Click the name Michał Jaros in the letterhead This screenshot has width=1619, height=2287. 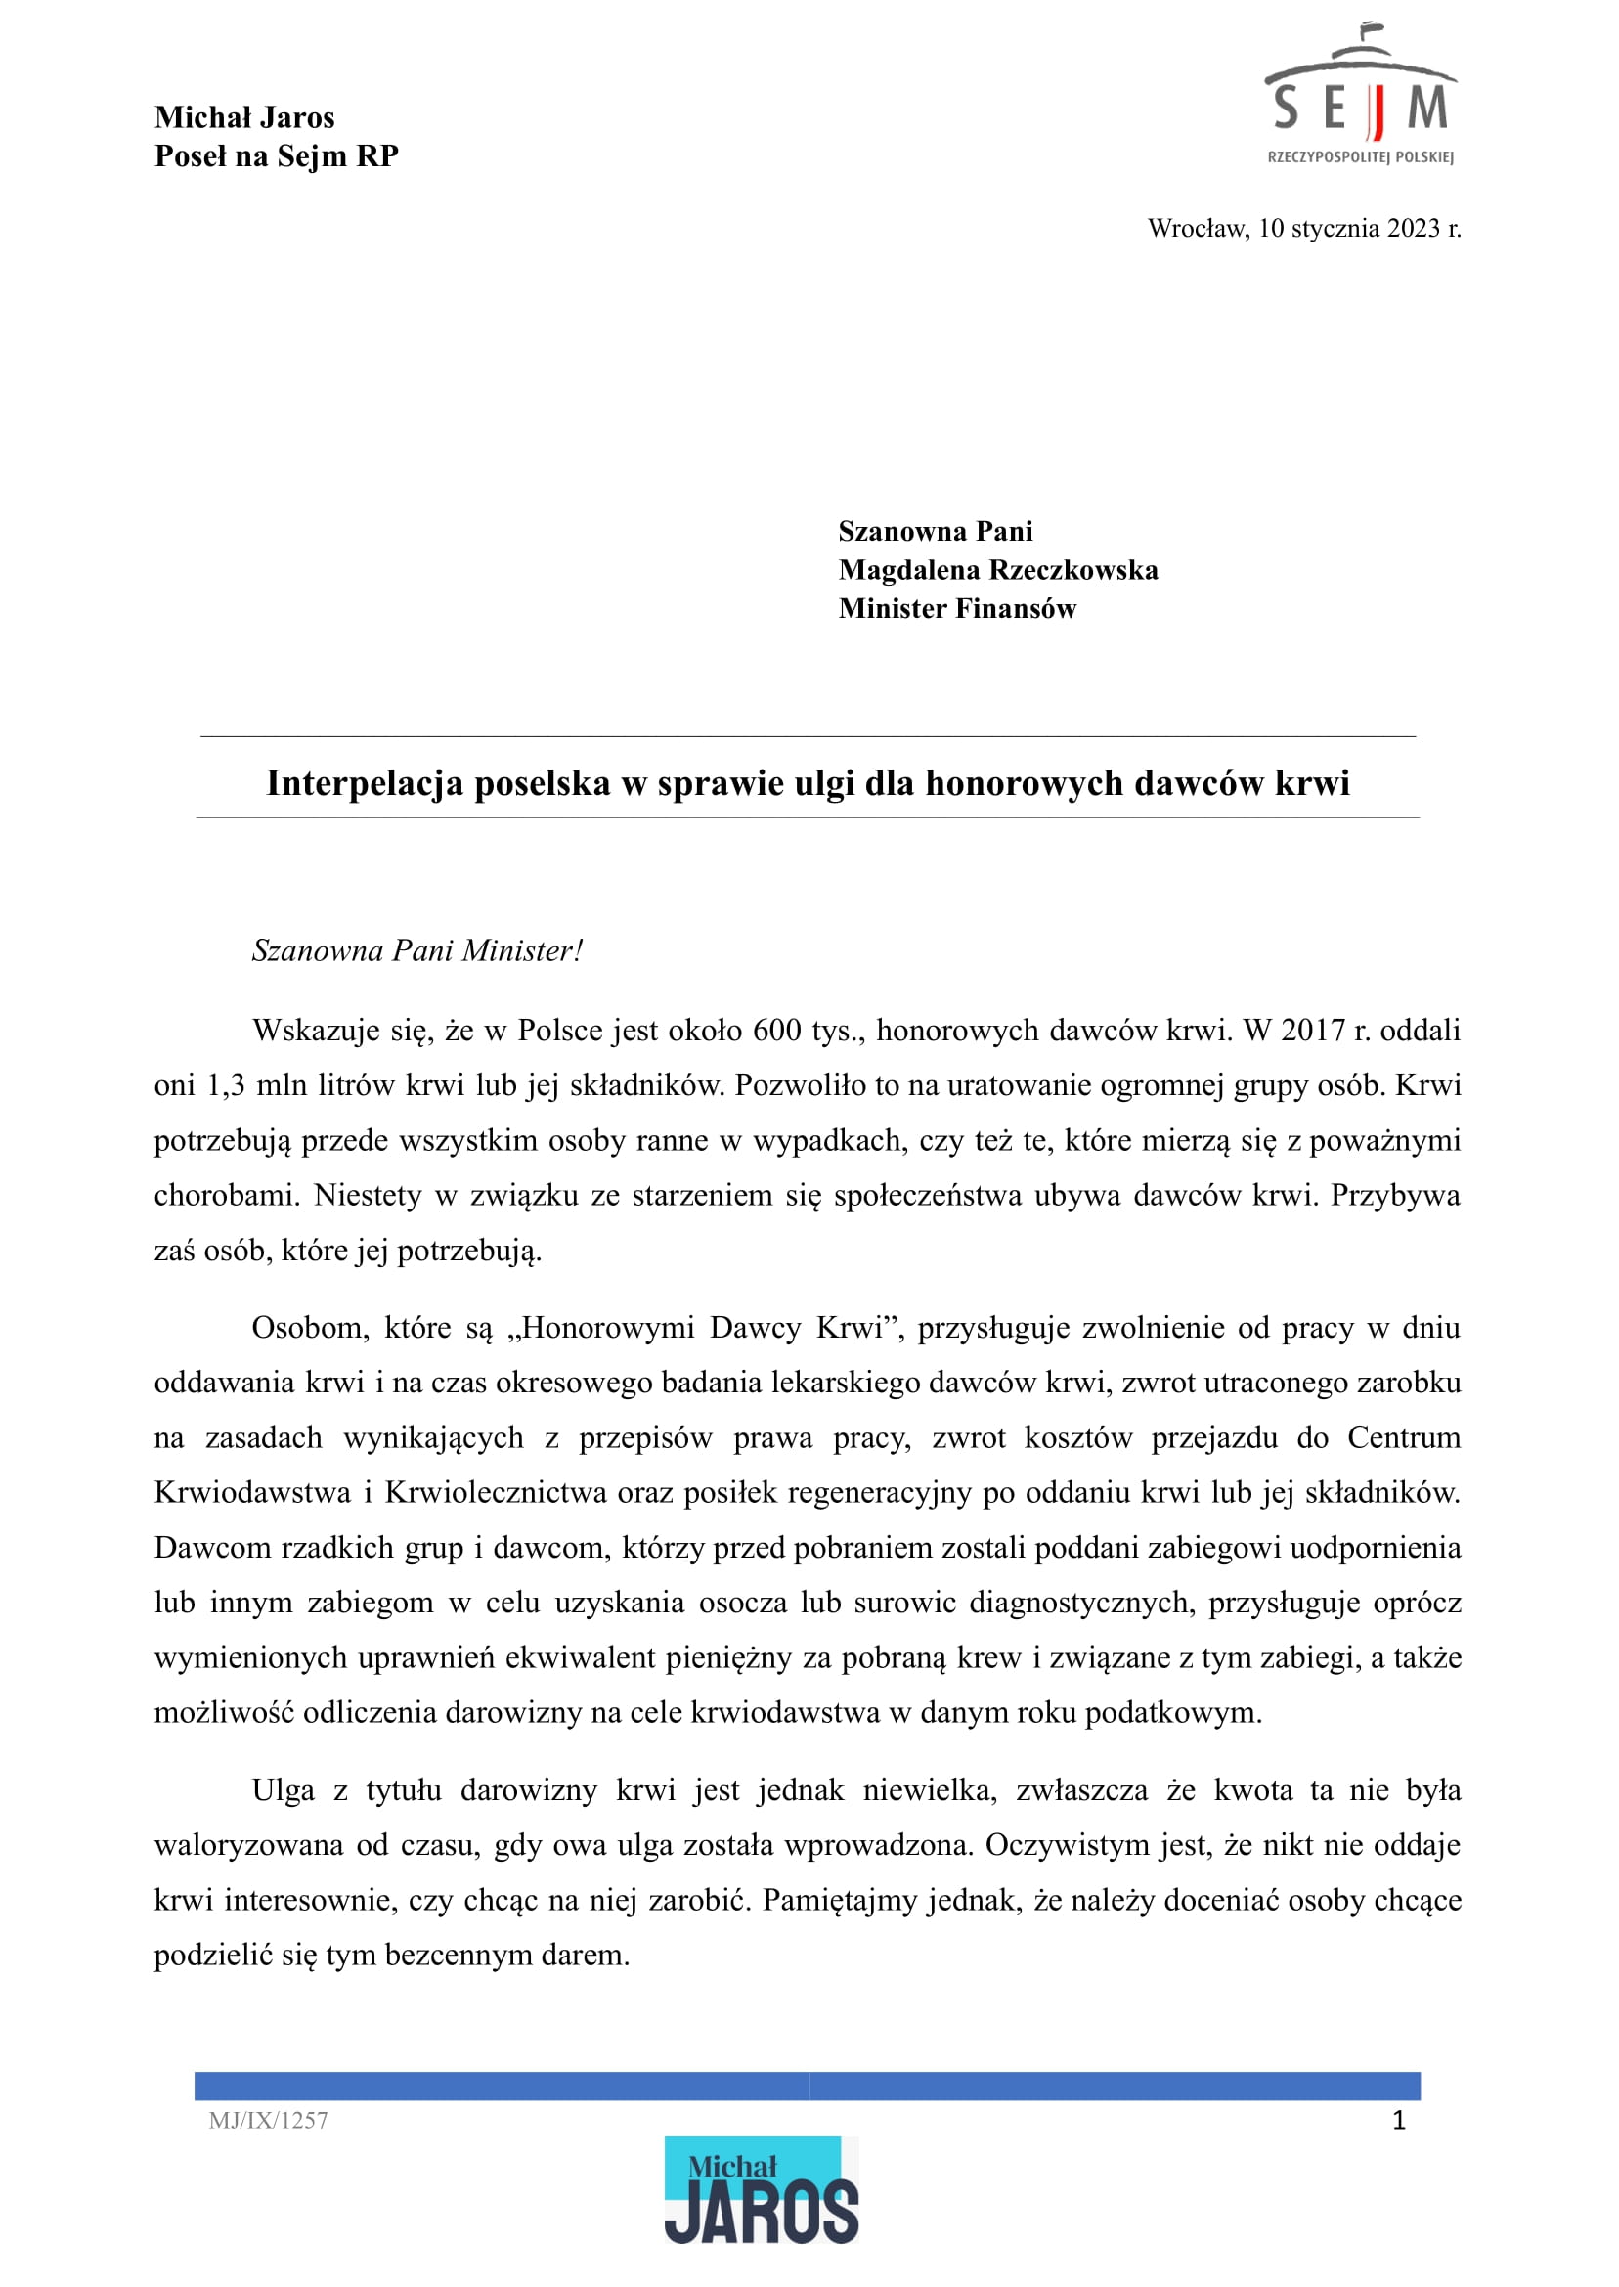[x=244, y=117]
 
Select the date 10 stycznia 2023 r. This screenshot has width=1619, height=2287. [x=1359, y=228]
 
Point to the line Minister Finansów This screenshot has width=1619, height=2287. [x=957, y=608]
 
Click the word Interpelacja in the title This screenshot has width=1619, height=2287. [x=364, y=783]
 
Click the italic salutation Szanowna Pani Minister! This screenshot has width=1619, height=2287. [x=416, y=950]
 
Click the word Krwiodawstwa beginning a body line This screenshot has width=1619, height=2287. [x=252, y=1492]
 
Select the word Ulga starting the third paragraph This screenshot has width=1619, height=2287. [x=284, y=1790]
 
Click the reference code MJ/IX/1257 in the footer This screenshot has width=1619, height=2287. [x=268, y=2121]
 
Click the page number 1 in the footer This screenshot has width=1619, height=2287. [x=1399, y=2121]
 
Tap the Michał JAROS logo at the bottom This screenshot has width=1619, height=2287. [x=761, y=2191]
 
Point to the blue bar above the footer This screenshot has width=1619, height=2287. [x=808, y=2086]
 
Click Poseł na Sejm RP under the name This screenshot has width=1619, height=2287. [x=276, y=156]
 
